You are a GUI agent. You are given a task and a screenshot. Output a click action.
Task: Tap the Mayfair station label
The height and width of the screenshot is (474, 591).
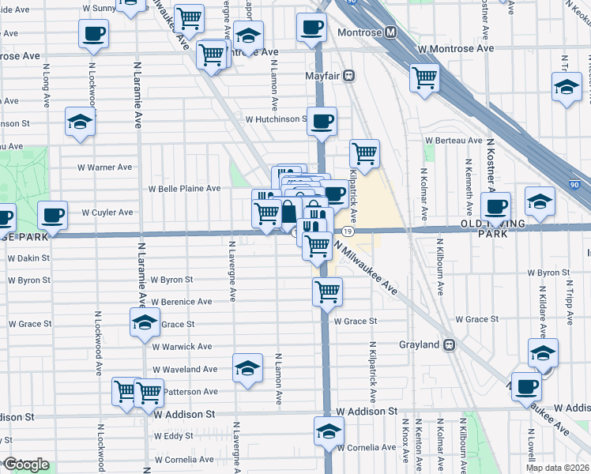(x=322, y=76)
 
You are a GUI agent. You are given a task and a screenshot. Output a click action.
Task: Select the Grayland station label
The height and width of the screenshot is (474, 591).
(x=420, y=344)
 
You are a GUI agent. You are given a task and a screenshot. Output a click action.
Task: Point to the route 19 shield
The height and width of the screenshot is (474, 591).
(x=348, y=231)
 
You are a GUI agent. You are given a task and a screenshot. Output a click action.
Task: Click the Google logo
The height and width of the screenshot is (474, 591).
(x=25, y=465)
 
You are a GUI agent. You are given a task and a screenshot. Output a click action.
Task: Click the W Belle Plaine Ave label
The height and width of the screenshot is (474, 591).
(x=185, y=189)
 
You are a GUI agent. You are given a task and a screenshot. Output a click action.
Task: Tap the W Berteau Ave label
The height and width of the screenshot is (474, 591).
(x=453, y=140)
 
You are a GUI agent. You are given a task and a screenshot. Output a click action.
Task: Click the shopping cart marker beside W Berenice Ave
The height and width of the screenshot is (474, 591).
(x=327, y=292)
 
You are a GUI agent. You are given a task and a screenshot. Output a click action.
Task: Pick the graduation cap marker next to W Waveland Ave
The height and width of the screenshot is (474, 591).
(x=247, y=367)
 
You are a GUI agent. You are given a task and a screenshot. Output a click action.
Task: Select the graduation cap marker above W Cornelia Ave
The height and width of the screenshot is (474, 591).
(x=329, y=431)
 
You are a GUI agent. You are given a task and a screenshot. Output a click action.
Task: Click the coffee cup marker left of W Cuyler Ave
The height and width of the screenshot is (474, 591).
(x=53, y=214)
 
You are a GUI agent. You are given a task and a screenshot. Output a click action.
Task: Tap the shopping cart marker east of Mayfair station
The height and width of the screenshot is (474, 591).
(x=424, y=77)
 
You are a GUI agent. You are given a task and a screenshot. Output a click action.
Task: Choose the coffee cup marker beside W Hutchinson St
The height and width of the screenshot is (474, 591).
(x=322, y=121)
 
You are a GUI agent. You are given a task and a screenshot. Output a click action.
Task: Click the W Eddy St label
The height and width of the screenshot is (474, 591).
(x=174, y=436)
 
